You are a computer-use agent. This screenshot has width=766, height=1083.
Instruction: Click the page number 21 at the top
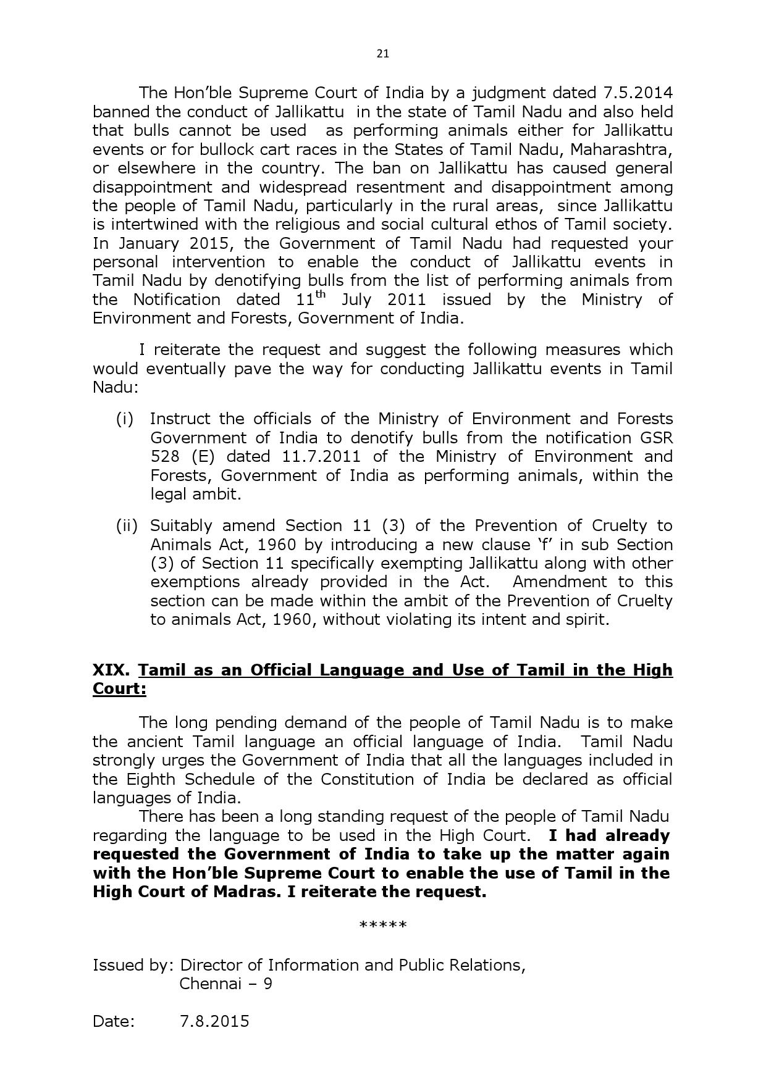pos(382,54)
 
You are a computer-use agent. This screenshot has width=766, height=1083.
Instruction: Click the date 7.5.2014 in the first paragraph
pos(638,93)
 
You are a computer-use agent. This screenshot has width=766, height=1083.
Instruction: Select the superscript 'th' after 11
pos(319,294)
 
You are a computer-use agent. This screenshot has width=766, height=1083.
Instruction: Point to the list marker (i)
pos(125,419)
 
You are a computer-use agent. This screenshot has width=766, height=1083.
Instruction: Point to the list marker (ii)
pos(127,525)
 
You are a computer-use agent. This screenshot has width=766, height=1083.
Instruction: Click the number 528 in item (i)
pos(163,456)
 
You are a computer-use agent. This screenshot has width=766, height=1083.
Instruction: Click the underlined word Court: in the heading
pos(119,689)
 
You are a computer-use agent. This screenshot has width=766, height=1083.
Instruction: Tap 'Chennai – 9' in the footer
pos(225,984)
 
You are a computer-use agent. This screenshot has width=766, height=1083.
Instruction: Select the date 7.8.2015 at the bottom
pos(214,1021)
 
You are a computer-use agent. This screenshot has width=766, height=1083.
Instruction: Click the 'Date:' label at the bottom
pos(114,1021)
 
